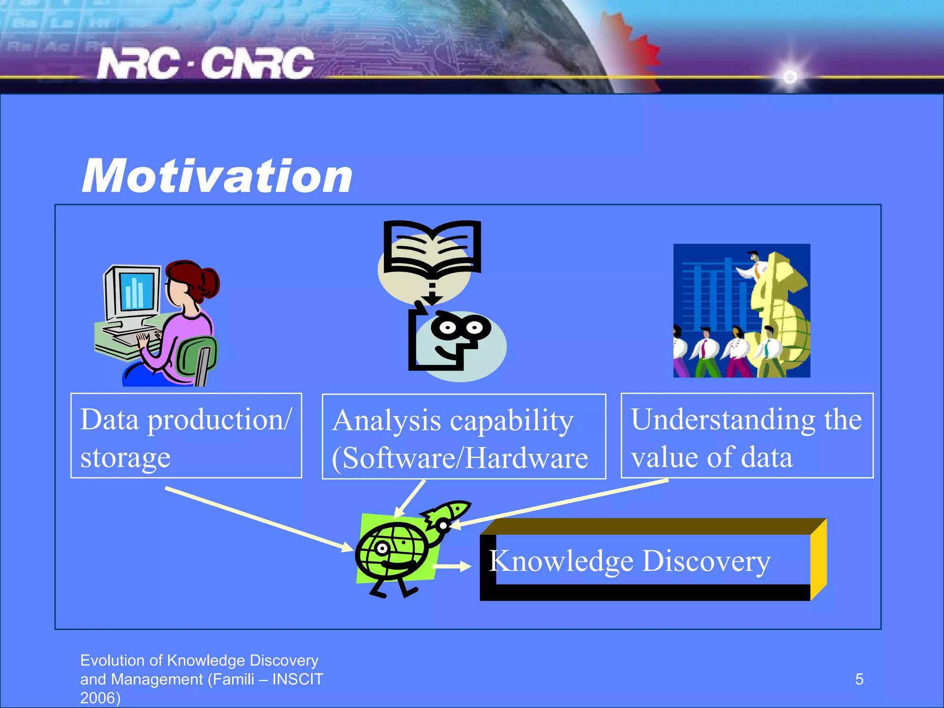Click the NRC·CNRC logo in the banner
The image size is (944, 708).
(205, 63)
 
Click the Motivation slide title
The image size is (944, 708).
(217, 176)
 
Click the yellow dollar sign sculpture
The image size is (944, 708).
(779, 313)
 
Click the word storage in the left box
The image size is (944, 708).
(125, 457)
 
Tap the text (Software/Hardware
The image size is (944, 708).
(460, 458)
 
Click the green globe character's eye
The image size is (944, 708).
(382, 549)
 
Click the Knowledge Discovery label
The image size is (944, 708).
(629, 561)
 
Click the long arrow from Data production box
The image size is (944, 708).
(258, 519)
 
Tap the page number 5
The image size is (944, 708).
(859, 679)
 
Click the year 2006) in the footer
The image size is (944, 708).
(100, 698)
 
